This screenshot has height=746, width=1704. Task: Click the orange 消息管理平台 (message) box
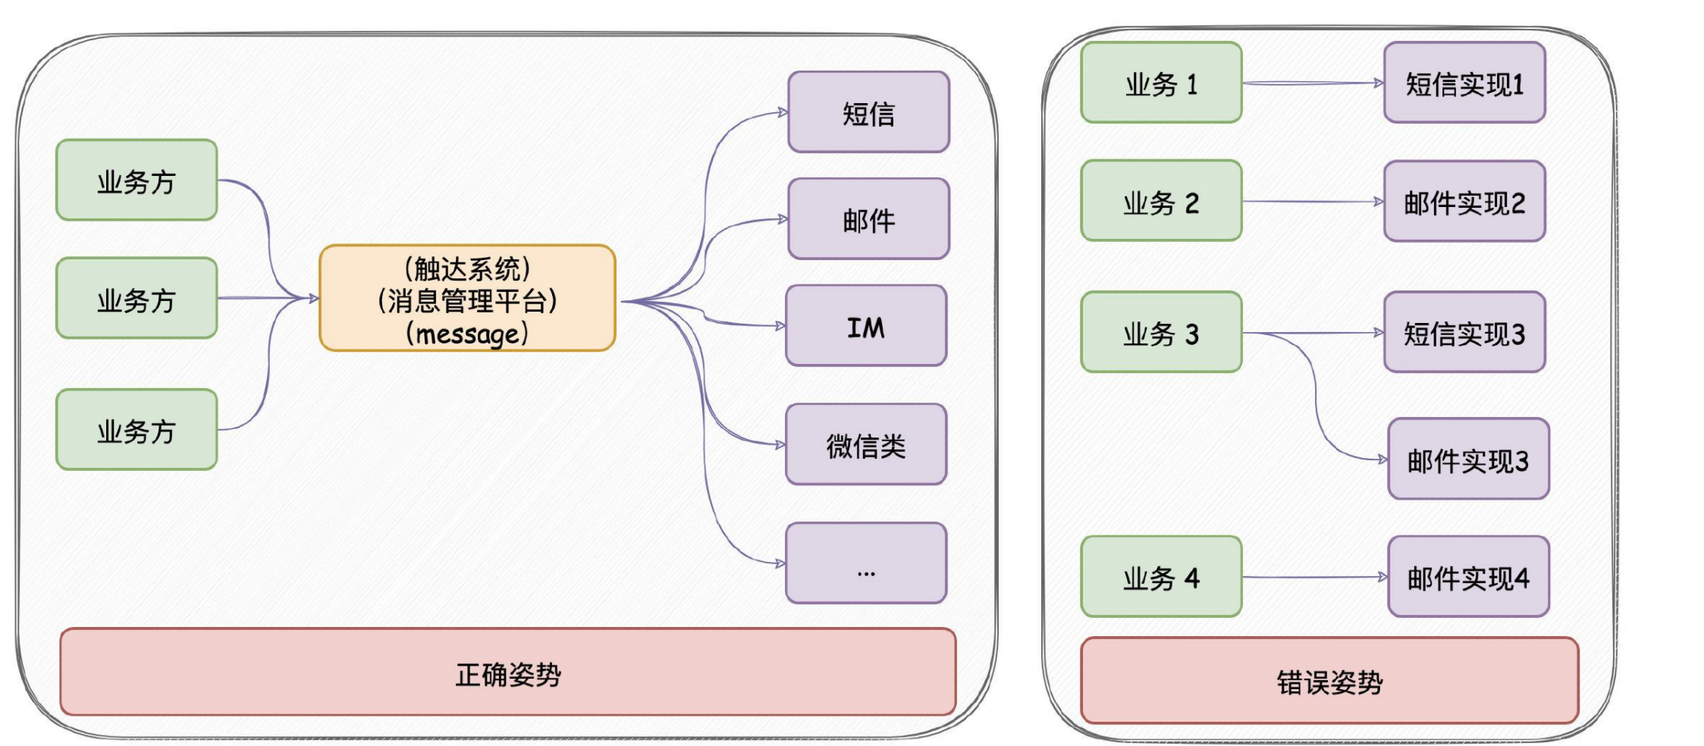coord(467,298)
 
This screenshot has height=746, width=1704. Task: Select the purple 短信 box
coord(868,112)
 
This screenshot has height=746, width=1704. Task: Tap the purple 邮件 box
coord(868,219)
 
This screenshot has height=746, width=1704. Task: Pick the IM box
coord(866,326)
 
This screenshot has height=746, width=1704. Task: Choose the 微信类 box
coord(866,444)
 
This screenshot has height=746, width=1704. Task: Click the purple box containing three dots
coord(866,563)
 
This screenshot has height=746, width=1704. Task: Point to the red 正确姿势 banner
coord(508,672)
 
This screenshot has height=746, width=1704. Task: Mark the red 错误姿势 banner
coord(1329,681)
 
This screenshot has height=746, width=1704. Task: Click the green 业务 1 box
coord(1161,82)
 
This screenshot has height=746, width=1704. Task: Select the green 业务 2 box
coord(1161,201)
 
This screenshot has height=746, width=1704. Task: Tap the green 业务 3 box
coord(1161,332)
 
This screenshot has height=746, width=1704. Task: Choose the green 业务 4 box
coord(1161,577)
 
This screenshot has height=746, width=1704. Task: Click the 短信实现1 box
coord(1464,82)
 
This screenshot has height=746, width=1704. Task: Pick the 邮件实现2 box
coord(1464,201)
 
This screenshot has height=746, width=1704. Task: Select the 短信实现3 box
coord(1464,332)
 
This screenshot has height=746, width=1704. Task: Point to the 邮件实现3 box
coord(1468,459)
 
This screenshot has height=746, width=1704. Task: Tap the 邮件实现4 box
coord(1468,577)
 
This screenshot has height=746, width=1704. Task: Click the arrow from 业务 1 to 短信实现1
coord(1313,83)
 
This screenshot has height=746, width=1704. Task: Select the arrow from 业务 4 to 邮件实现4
coord(1315,577)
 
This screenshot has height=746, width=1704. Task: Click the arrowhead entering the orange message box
coord(313,298)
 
